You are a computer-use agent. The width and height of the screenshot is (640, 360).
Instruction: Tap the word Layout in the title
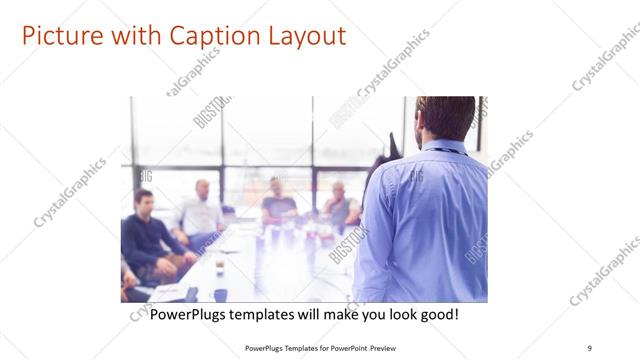pos(302,37)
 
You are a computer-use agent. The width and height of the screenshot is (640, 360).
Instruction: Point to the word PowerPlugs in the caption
pos(191,314)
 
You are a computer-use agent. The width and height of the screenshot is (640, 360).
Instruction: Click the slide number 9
pos(590,347)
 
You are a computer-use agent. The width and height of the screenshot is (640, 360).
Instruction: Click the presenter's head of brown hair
pos(446,116)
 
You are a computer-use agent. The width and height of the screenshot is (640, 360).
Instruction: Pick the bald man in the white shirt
pos(201,212)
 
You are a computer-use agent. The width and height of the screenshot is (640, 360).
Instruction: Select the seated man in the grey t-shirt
pos(279,205)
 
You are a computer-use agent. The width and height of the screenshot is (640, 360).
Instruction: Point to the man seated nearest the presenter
pos(341,207)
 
